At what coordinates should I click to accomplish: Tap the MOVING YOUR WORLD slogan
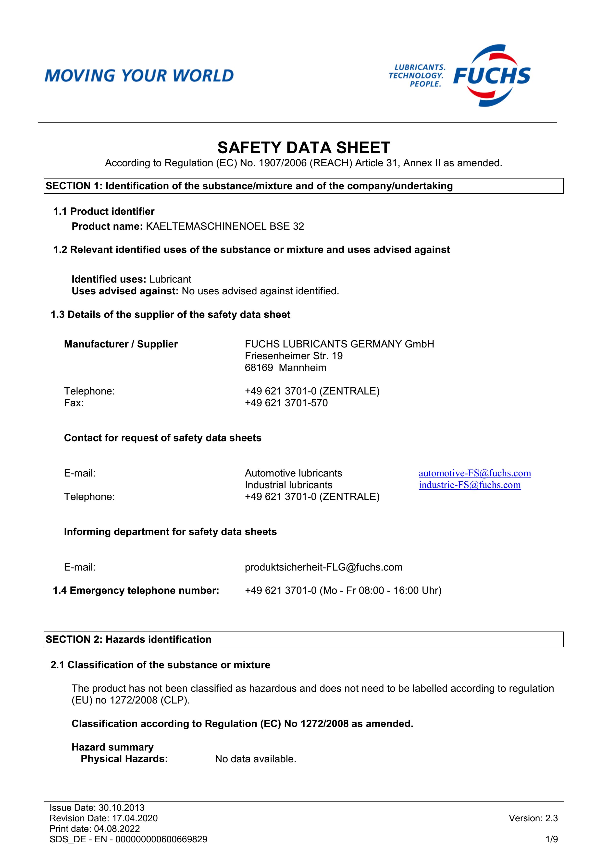[139, 76]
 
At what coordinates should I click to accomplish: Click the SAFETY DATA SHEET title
[304, 148]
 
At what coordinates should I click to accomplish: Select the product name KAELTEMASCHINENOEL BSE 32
[225, 226]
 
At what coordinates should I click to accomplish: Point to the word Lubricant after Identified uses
[170, 279]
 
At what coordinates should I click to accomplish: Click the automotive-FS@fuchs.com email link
[474, 473]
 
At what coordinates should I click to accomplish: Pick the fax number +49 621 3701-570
[286, 403]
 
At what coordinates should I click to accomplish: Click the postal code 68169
[259, 368]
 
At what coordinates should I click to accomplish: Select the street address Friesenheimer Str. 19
[294, 356]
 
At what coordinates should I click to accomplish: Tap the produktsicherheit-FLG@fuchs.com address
[323, 567]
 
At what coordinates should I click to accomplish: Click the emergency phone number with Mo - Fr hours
[343, 590]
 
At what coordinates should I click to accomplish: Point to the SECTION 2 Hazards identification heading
[128, 639]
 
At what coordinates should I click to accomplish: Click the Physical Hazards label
[124, 759]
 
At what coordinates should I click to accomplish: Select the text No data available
[255, 759]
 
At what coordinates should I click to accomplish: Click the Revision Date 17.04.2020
[103, 818]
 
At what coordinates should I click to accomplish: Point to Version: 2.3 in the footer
[533, 818]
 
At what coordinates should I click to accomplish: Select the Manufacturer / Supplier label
[121, 344]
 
